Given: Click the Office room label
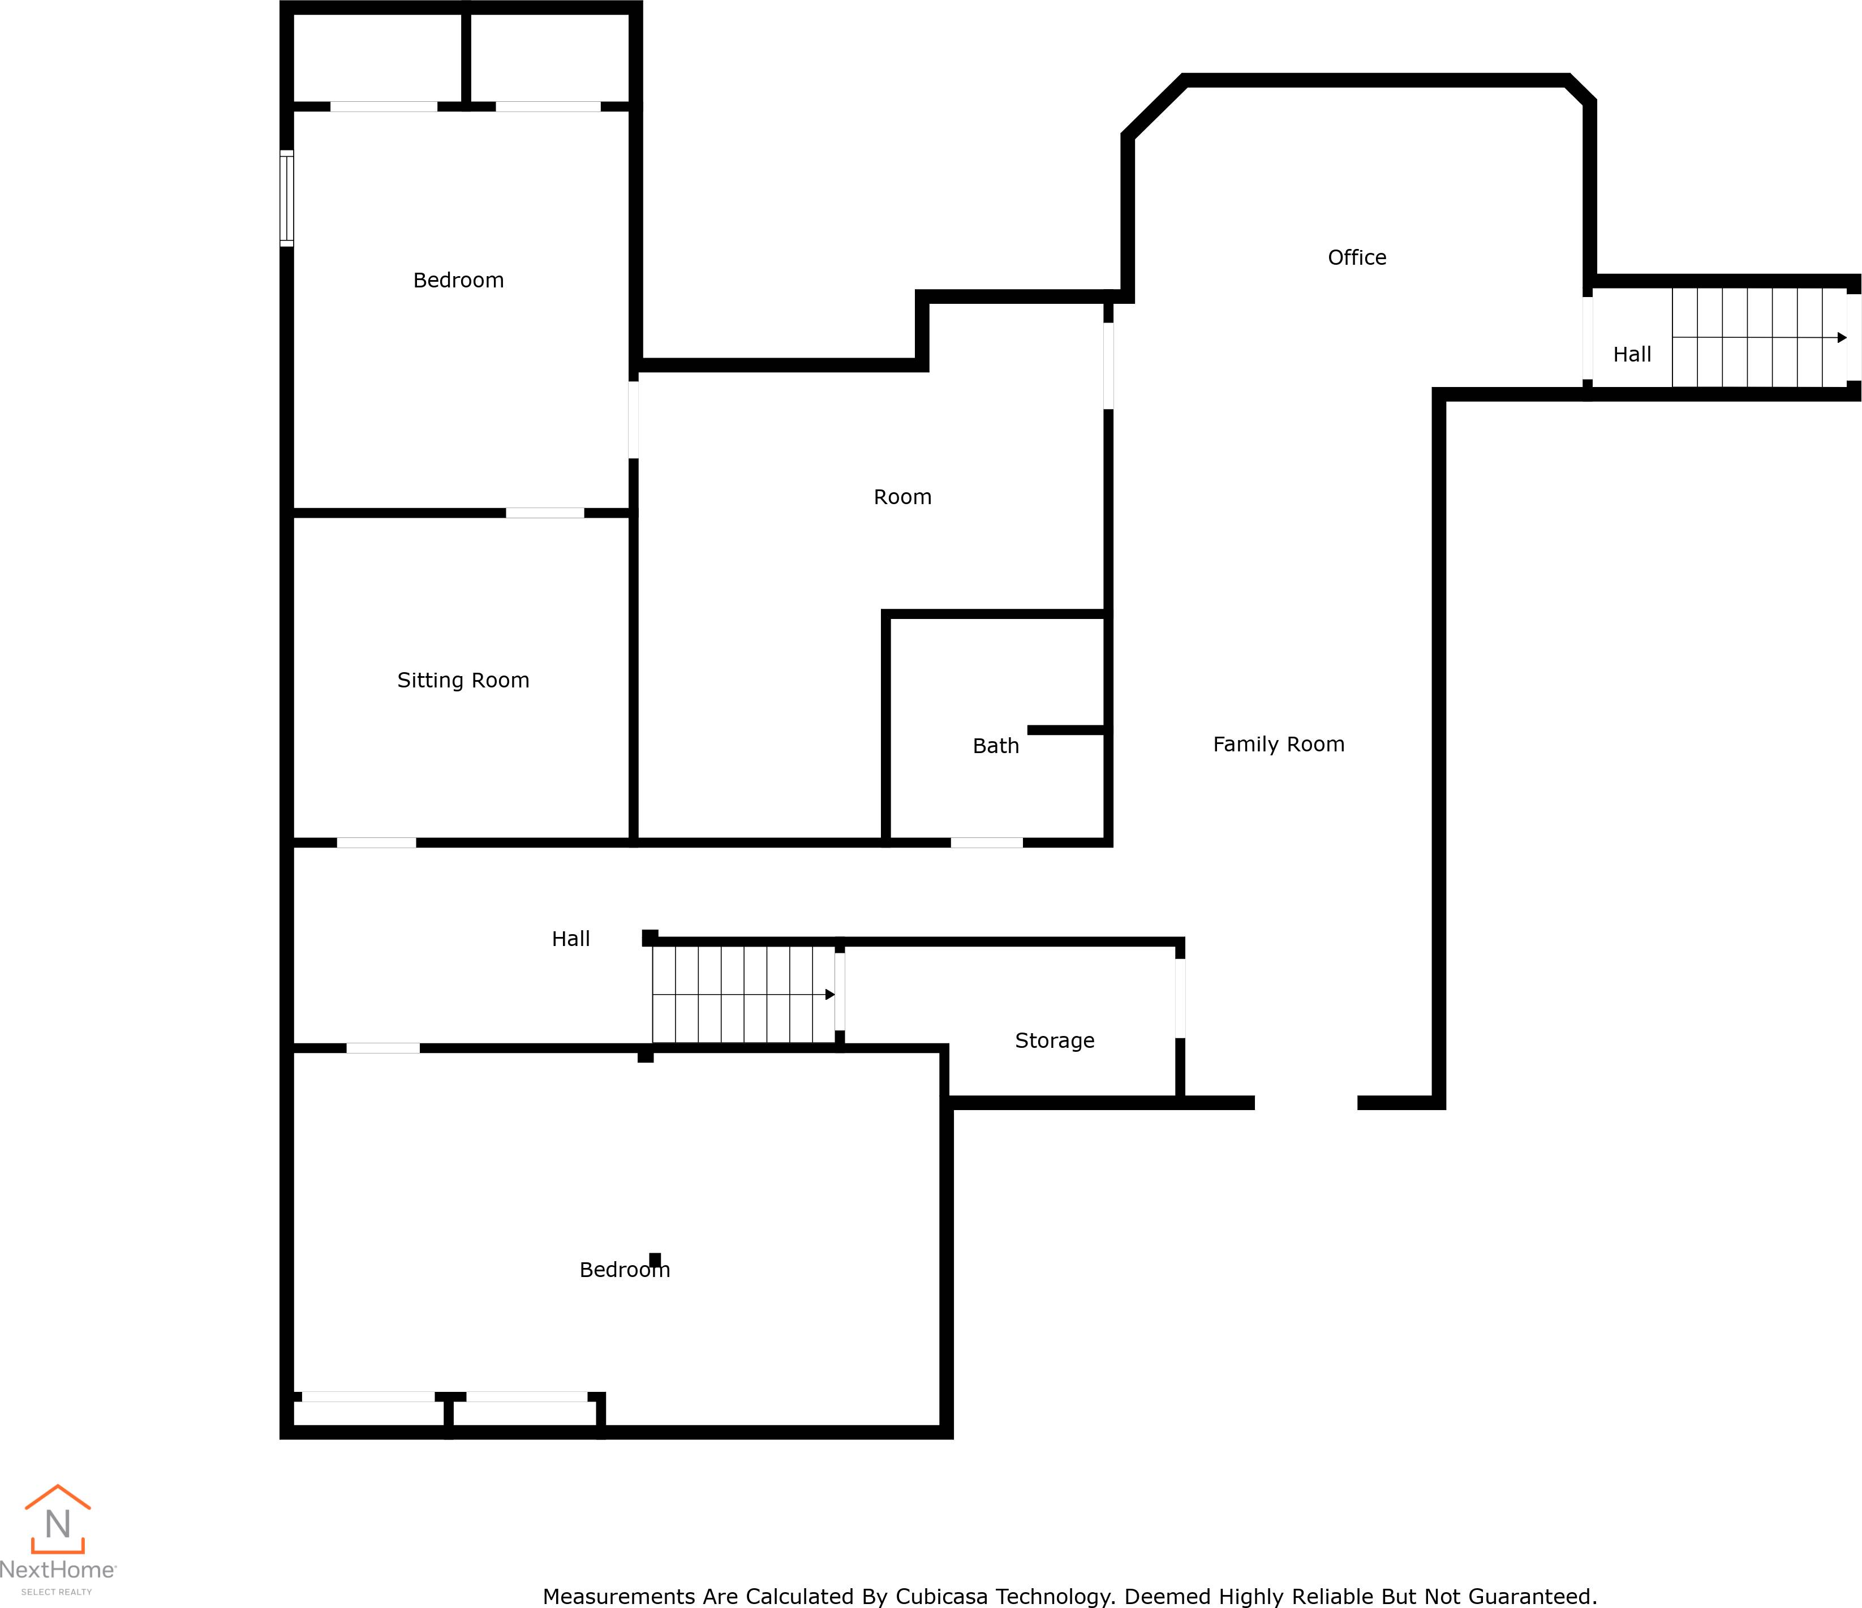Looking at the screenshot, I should coord(1356,258).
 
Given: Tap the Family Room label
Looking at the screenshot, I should coord(1278,744).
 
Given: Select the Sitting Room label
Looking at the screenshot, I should coord(463,681).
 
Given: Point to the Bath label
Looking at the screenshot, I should coord(996,746).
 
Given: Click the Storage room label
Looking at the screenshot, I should coord(1054,1041).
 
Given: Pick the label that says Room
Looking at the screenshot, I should coord(902,497).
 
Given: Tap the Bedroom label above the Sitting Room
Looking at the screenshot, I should coord(458,281).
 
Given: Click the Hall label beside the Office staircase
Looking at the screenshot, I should coord(1632,355).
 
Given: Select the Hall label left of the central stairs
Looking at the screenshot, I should coord(571,939).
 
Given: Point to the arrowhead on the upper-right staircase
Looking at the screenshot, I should coord(1841,338).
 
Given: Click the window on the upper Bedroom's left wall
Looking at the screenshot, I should coord(287,197).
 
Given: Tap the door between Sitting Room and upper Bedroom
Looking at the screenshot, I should coord(545,513).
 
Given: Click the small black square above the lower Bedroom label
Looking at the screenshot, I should coord(655,1259).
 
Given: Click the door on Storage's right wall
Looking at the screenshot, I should coord(1180,998).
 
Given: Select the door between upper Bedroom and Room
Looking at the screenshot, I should coord(634,420).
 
